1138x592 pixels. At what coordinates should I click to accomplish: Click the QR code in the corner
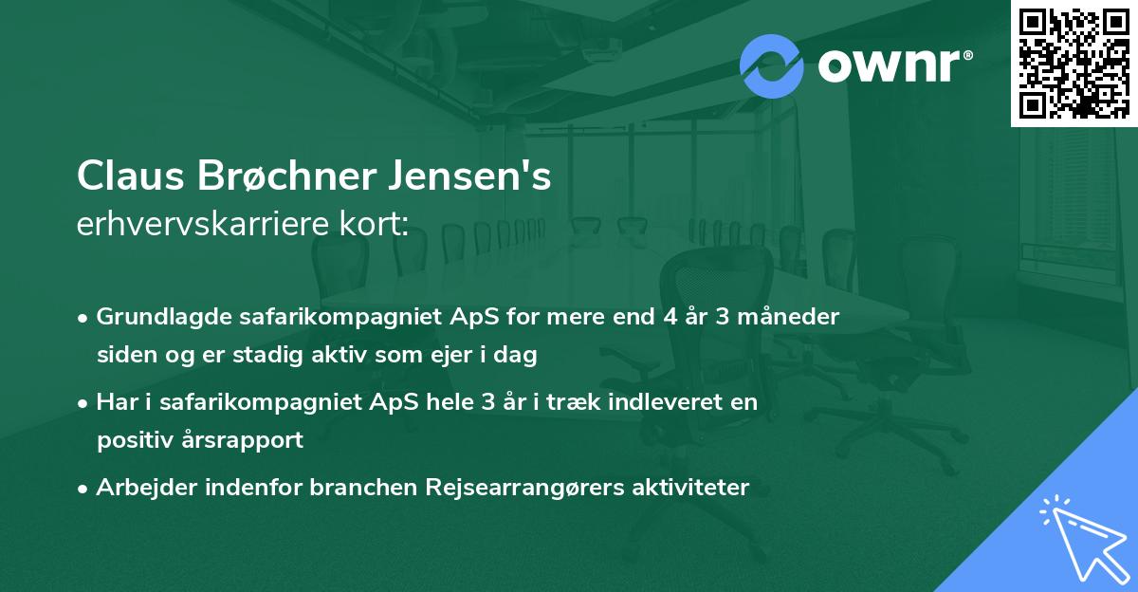click(x=1074, y=64)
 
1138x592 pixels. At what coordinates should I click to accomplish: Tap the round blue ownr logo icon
click(x=772, y=65)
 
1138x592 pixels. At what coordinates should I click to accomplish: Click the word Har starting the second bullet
click(x=116, y=402)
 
